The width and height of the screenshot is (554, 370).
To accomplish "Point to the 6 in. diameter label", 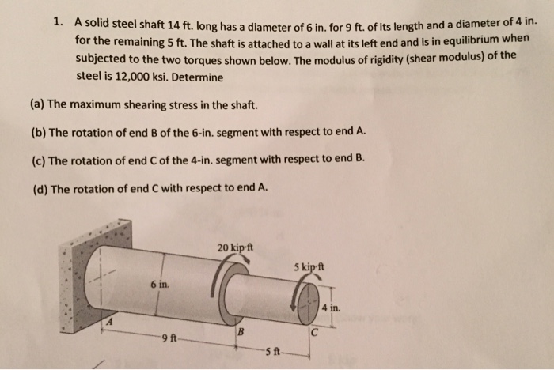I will (158, 283).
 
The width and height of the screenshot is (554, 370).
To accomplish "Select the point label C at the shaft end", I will (314, 330).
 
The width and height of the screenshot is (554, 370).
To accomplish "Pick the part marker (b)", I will (38, 132).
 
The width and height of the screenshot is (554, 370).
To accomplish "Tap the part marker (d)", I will (38, 187).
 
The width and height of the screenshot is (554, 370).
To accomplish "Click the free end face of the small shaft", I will (304, 297).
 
